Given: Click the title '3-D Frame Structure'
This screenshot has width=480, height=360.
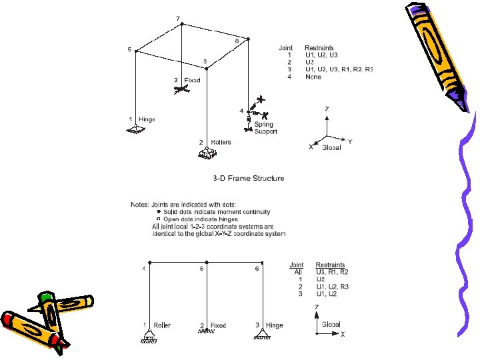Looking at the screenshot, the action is tap(248, 178).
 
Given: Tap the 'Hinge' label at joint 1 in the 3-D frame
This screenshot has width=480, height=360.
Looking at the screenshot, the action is tap(146, 119).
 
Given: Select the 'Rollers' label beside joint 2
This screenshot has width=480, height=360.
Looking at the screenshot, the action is tap(221, 142).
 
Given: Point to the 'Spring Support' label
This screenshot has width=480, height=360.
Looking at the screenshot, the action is tap(265, 128).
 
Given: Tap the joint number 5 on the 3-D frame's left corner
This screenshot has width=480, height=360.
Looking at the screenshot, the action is tap(130, 49).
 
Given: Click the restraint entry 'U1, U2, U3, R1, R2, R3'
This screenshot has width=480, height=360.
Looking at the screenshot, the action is tap(339, 69).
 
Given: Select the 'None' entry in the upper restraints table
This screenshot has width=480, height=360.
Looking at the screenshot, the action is tap(313, 77).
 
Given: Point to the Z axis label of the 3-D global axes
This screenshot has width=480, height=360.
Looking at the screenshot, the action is tap(326, 108).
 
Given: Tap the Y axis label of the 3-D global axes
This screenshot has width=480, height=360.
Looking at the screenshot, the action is tap(351, 141).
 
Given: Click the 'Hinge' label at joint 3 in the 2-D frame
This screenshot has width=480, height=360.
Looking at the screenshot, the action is tap(273, 325).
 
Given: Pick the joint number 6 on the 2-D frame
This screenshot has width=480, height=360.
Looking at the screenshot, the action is tap(257, 269).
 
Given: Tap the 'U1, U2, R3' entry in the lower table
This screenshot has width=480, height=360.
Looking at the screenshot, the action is tap(332, 287).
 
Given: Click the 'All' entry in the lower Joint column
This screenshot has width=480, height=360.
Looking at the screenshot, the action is tap(299, 272).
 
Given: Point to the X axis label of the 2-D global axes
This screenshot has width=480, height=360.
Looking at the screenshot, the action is tap(343, 335).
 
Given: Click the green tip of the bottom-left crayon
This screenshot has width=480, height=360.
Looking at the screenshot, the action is tap(45, 295).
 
